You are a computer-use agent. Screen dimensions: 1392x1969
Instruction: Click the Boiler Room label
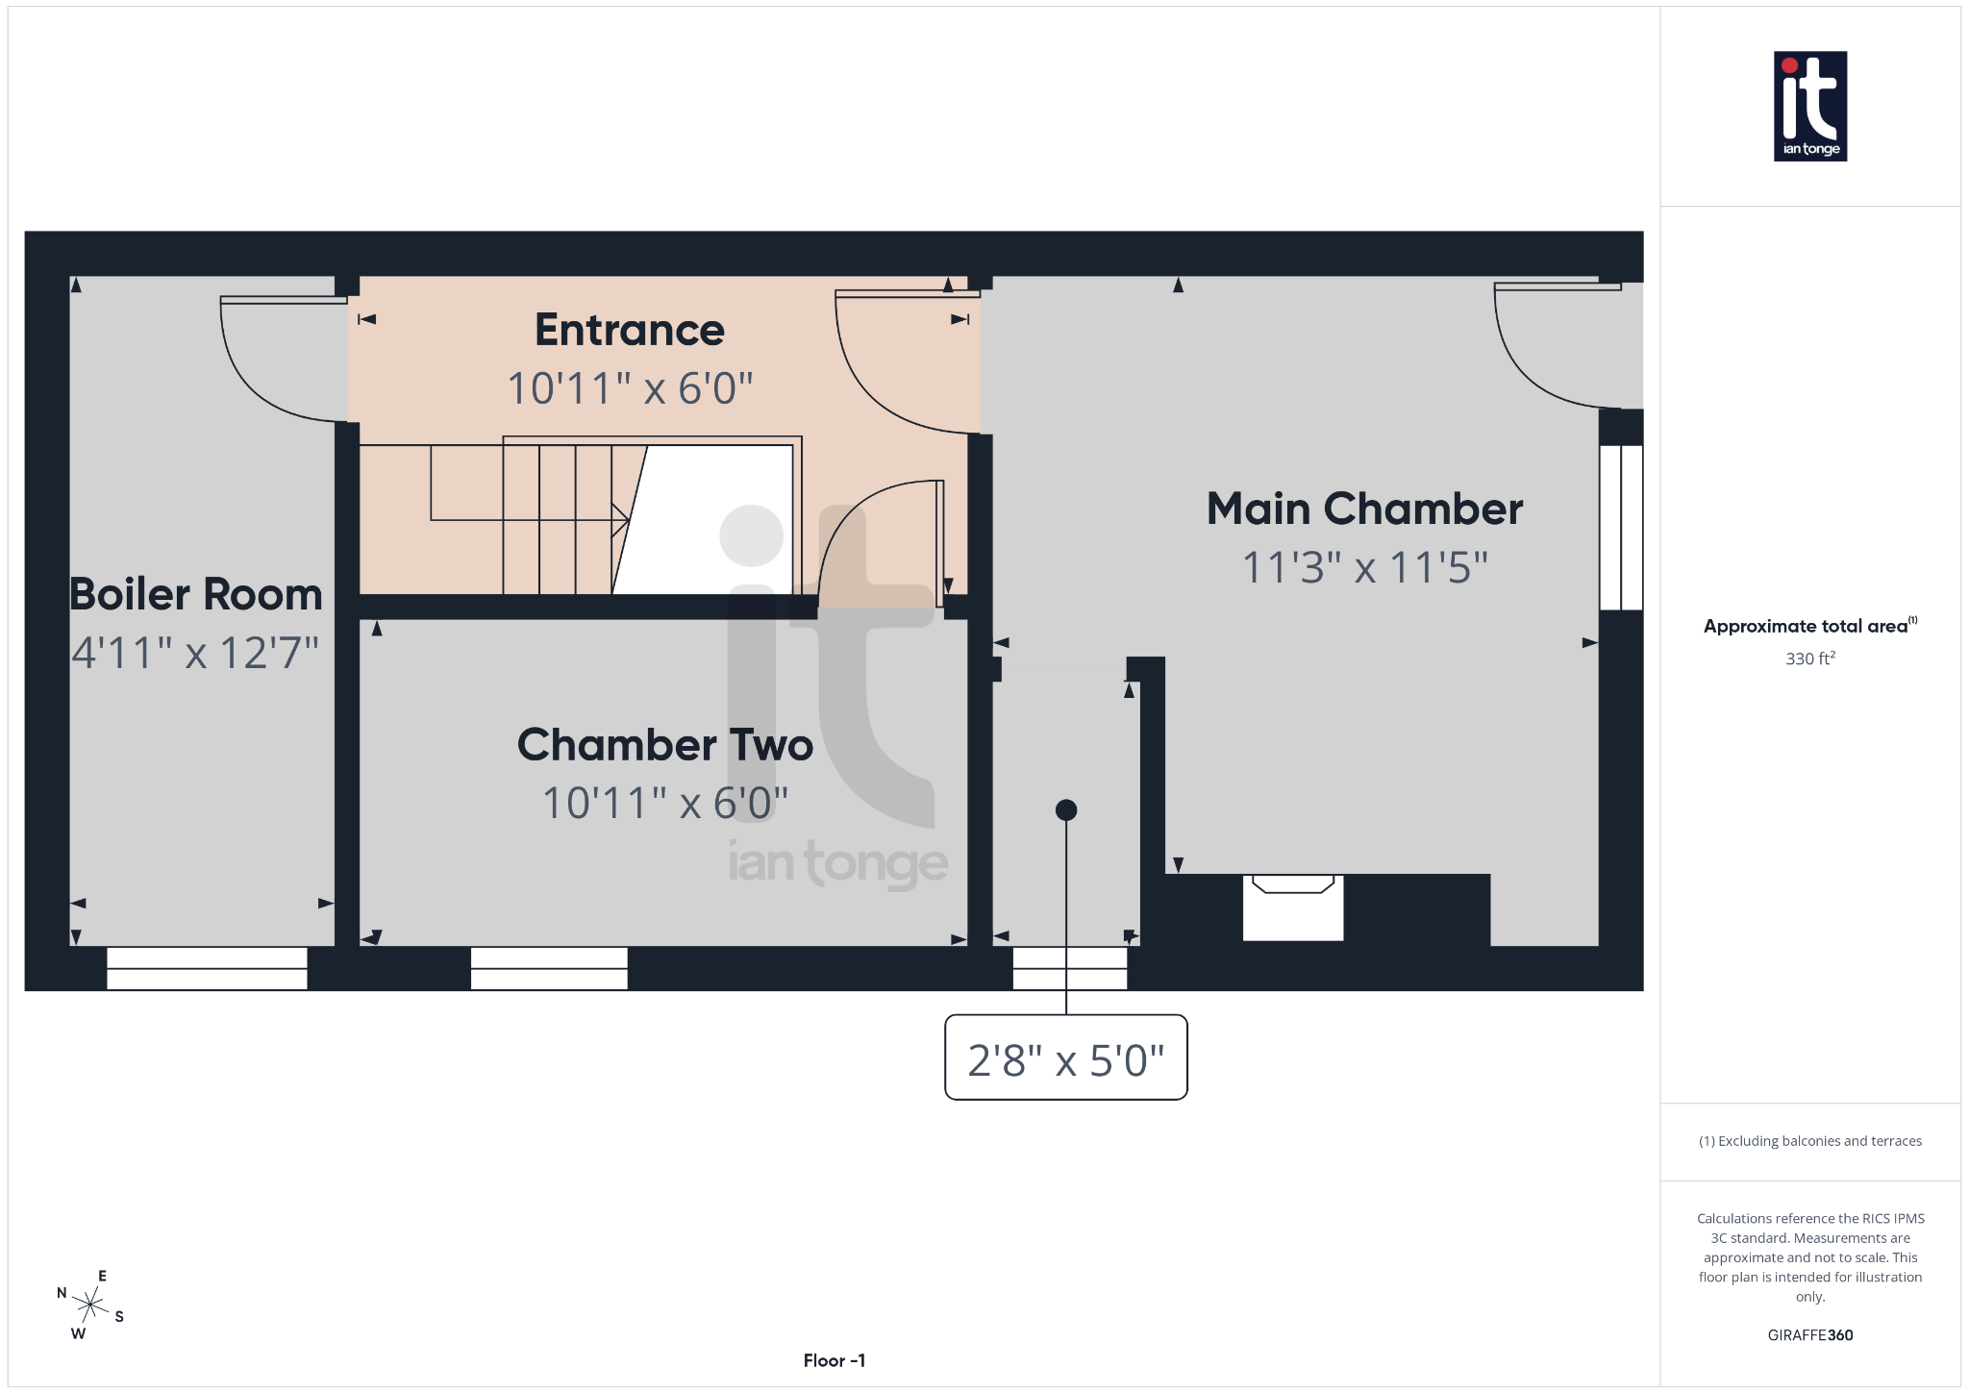[x=196, y=594]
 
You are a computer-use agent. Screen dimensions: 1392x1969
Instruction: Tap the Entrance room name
[x=629, y=330]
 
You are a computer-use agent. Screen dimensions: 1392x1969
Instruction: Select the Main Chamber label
[x=1364, y=509]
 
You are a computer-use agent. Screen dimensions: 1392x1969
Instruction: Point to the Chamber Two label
[x=664, y=745]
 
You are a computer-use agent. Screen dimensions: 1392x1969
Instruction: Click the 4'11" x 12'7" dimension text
[x=195, y=654]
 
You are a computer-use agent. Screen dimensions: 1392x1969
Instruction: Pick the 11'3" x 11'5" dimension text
[x=1364, y=567]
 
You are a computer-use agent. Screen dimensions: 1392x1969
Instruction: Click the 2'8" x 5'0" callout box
[x=1065, y=1057]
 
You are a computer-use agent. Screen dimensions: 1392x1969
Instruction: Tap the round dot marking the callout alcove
[x=1065, y=810]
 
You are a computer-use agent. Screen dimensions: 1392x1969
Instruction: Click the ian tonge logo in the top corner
[x=1809, y=106]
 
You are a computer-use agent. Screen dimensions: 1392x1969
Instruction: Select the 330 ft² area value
[x=1809, y=659]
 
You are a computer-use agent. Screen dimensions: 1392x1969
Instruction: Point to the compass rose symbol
[x=90, y=1305]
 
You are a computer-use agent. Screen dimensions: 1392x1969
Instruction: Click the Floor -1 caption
[x=834, y=1360]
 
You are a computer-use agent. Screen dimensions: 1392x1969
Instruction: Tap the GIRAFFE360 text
[x=1809, y=1335]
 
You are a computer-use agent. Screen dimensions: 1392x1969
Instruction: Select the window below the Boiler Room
[x=207, y=968]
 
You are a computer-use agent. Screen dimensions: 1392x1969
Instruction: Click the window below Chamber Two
[x=549, y=968]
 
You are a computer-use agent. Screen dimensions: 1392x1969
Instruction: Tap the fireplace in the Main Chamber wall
[x=1292, y=907]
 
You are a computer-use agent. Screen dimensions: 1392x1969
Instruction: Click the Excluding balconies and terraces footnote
[x=1809, y=1141]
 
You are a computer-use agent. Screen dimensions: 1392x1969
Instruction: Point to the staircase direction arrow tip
[x=628, y=520]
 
